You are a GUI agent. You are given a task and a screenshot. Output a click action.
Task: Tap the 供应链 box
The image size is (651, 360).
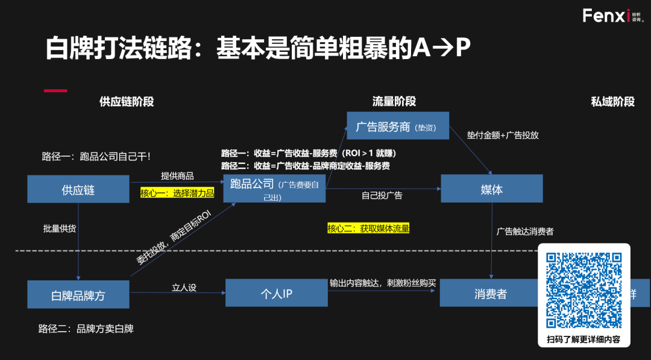click(78, 189)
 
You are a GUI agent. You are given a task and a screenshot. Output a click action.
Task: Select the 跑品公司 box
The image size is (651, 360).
click(274, 189)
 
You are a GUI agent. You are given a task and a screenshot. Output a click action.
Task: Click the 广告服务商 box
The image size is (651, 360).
click(398, 126)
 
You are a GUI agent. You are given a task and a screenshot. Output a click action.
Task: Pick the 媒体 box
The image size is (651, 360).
click(492, 189)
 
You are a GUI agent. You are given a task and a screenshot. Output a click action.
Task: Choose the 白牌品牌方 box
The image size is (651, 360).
click(78, 294)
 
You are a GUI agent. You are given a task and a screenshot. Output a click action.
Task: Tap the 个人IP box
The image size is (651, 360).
click(276, 294)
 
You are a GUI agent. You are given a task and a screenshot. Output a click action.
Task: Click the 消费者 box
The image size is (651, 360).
click(489, 294)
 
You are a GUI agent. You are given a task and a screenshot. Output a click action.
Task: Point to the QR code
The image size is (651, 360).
click(583, 289)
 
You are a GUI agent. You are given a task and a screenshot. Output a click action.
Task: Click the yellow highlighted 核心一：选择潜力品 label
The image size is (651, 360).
click(177, 193)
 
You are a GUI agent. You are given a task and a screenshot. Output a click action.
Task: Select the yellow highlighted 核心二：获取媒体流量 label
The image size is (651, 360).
click(368, 228)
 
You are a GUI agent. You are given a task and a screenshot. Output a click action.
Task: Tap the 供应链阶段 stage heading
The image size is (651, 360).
click(127, 102)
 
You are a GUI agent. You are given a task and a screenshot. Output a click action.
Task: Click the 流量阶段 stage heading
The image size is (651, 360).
click(394, 102)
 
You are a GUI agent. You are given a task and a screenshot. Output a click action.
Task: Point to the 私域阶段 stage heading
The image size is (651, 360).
click(612, 102)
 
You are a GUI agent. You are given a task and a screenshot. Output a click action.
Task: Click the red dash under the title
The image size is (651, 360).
click(55, 90)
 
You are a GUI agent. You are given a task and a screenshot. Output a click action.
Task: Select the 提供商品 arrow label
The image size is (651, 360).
click(177, 176)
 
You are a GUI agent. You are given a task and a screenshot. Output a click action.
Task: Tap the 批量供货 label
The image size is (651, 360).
click(59, 229)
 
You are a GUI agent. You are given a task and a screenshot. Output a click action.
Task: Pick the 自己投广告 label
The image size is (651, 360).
click(382, 195)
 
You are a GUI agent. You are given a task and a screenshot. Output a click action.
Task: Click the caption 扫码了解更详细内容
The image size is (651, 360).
click(583, 339)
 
